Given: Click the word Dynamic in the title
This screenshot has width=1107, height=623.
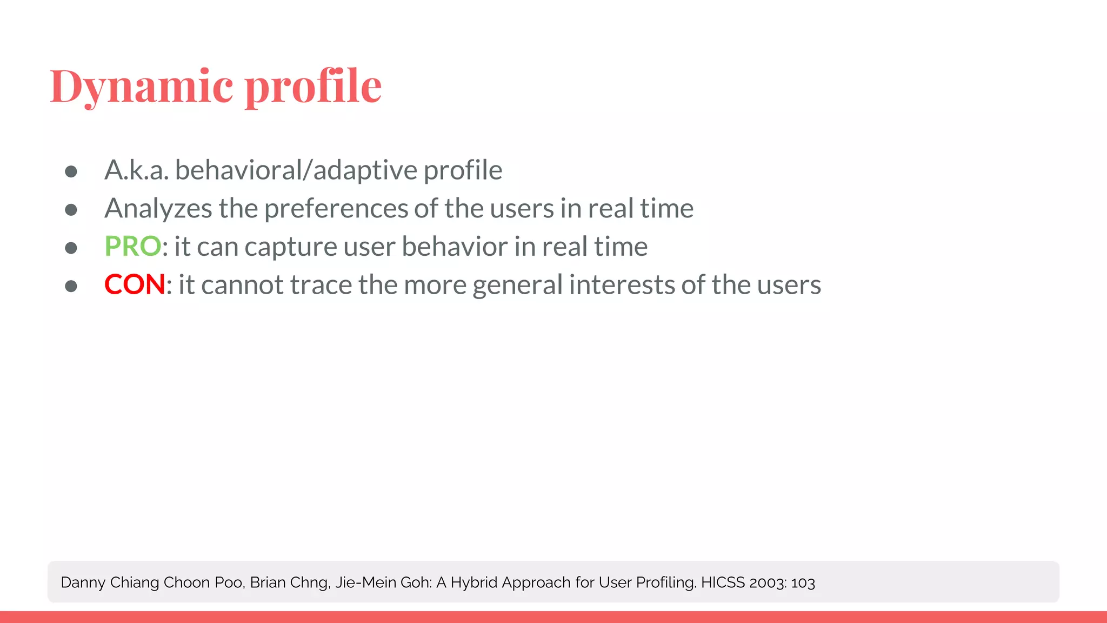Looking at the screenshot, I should pos(142,87).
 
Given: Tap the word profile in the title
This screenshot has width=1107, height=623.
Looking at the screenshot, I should pos(313,87).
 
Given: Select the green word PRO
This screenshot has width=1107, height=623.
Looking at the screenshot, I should pos(132,247).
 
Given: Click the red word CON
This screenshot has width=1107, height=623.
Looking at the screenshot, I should pos(135,284).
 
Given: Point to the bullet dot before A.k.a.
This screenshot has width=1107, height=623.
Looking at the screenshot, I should pos(71,171).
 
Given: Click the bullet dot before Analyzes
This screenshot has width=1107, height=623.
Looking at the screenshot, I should pos(71,209).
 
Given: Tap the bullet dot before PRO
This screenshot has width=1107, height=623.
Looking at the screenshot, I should pos(71,248).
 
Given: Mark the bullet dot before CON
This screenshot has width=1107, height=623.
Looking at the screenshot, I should pos(71,286).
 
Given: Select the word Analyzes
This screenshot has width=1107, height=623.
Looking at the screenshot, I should pos(158,209).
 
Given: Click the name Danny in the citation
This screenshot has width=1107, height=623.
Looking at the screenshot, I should pos(83,583).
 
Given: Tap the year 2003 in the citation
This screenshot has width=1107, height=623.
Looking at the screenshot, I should pos(767,583).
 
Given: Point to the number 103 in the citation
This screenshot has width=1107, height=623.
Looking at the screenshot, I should pos(803,583).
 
